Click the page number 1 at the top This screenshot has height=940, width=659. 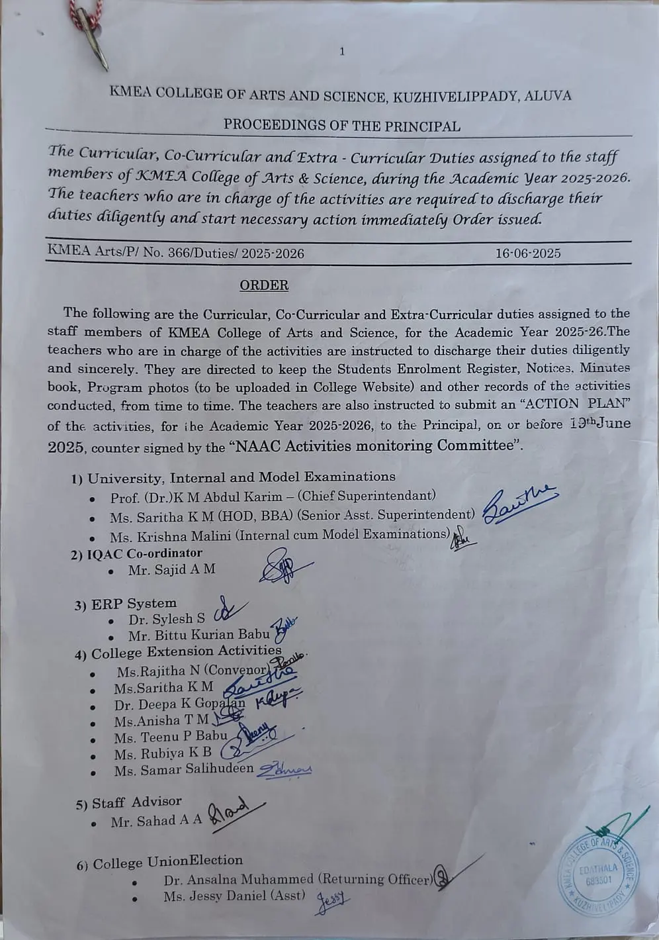342,52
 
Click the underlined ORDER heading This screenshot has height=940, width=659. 264,285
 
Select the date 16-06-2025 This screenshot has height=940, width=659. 527,253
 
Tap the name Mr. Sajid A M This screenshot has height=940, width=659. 171,569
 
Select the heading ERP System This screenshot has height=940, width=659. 134,603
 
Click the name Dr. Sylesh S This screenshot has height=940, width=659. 167,620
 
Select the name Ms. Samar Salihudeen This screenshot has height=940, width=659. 183,769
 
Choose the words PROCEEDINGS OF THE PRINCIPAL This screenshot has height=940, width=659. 341,125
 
